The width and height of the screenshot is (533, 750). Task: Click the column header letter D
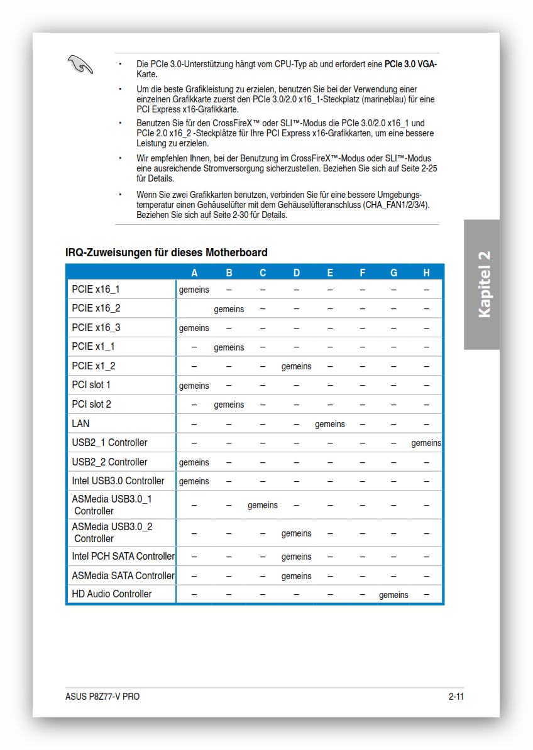[297, 273]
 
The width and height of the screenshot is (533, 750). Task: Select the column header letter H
[427, 273]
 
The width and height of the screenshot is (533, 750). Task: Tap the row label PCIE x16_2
[96, 308]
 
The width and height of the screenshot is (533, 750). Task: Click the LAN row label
[81, 423]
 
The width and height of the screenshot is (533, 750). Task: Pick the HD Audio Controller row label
[112, 594]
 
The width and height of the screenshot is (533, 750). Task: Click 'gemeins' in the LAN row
[330, 424]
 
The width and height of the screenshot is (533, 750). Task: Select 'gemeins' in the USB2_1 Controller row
[426, 443]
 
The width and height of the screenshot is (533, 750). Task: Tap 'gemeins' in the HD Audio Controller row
[393, 595]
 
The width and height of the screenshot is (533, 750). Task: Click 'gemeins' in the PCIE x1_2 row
[296, 366]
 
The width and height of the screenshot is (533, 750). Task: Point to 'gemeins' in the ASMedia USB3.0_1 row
[263, 505]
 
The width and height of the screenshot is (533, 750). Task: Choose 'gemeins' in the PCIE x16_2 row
[229, 309]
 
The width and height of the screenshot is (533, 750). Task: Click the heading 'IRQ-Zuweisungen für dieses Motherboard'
[167, 253]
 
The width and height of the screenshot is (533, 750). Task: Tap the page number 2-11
[456, 696]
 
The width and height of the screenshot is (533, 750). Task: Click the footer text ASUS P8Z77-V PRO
[102, 696]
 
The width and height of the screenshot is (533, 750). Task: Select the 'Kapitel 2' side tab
[483, 285]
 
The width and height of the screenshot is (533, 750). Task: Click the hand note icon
[80, 64]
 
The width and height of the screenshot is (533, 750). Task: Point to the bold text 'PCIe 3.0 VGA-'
[410, 64]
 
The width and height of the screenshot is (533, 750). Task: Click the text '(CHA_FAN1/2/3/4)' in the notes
[397, 205]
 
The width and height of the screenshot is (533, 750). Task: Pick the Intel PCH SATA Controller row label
[123, 557]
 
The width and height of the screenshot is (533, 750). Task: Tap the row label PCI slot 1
[91, 385]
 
